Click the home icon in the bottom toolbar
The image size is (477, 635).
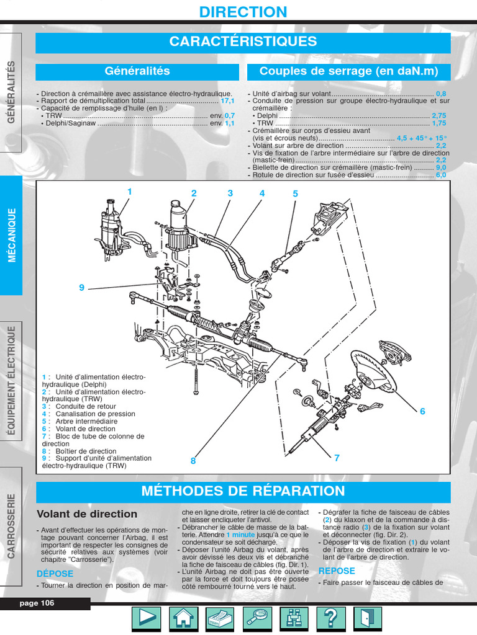click(184, 618)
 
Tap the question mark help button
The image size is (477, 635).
click(331, 618)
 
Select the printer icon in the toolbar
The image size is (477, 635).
click(220, 618)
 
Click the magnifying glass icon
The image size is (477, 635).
click(257, 618)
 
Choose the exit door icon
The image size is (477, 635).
click(368, 618)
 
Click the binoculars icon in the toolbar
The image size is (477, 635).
click(294, 618)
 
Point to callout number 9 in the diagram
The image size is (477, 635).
click(81, 287)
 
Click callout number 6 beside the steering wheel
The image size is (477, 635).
click(422, 411)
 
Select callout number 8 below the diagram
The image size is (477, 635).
click(193, 461)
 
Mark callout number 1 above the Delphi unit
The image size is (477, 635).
click(130, 192)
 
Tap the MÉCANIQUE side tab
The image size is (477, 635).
click(11, 235)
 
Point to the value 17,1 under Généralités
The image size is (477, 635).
click(227, 100)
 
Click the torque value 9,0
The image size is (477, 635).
click(441, 167)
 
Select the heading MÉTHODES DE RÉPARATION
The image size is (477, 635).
click(243, 491)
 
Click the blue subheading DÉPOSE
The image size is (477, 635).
click(56, 574)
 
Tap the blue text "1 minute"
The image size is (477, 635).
click(240, 535)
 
